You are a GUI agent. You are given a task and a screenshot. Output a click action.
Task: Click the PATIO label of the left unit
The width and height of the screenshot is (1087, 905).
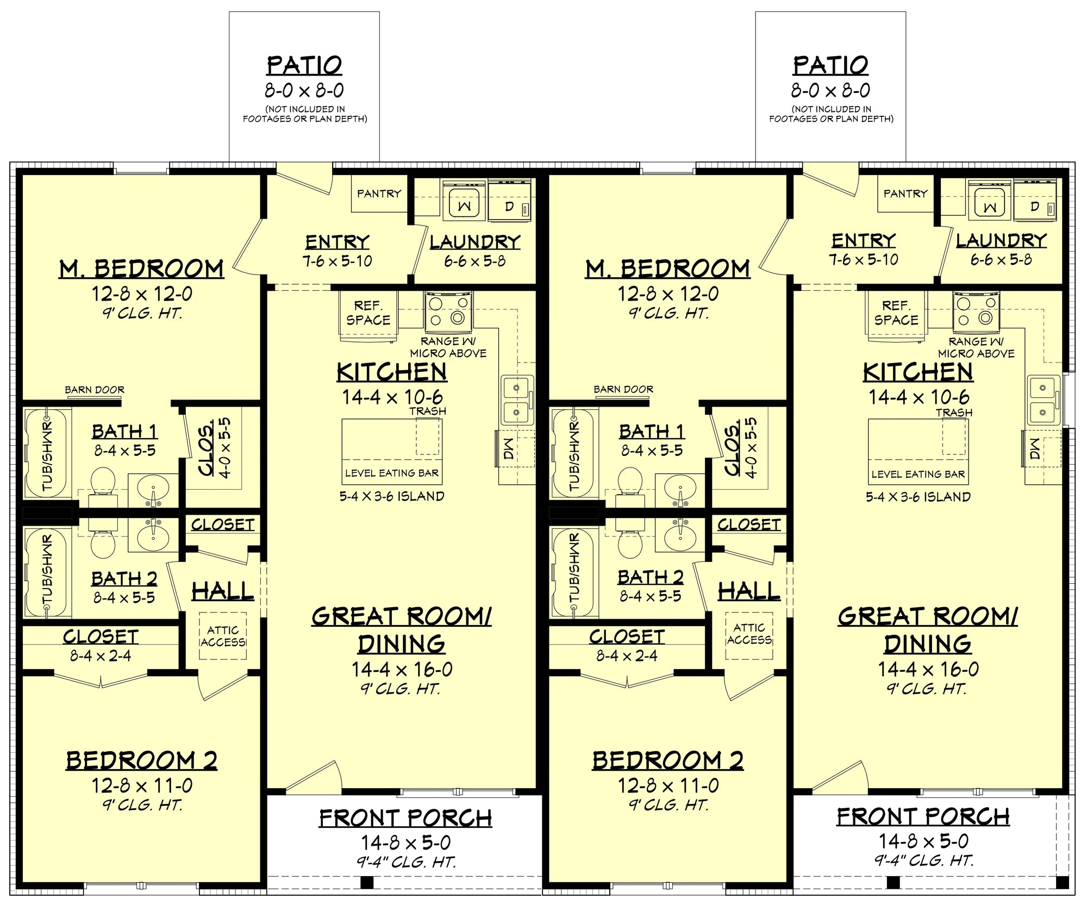pos(304,66)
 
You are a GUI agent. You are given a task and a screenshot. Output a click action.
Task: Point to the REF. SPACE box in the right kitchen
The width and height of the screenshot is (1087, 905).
pos(896,313)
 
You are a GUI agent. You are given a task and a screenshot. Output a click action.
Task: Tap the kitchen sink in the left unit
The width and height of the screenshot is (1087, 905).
pos(516,401)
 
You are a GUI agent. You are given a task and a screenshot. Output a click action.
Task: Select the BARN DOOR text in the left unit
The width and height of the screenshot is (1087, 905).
pos(95,390)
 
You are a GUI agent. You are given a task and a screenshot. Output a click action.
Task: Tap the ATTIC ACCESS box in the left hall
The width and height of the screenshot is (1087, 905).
pos(223,636)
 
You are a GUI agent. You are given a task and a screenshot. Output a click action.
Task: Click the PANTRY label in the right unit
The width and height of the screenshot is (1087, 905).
pos(905,194)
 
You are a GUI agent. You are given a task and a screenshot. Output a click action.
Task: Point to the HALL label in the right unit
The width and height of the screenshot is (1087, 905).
pos(749,591)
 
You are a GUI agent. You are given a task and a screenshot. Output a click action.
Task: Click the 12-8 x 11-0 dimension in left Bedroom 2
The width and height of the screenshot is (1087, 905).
pos(141,785)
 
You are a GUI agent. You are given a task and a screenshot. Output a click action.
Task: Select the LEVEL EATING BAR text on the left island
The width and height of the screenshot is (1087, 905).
pos(391,473)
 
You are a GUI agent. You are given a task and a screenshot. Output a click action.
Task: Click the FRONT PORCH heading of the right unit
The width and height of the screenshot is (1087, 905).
pos(923,817)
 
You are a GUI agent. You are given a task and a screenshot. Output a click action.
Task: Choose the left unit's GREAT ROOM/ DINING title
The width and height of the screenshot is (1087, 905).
pos(401,631)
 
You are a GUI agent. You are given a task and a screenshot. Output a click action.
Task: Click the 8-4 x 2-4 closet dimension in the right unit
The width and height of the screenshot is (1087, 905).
pos(627,656)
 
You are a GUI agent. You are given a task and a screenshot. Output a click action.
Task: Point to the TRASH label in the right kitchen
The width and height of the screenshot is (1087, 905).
pos(954,413)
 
